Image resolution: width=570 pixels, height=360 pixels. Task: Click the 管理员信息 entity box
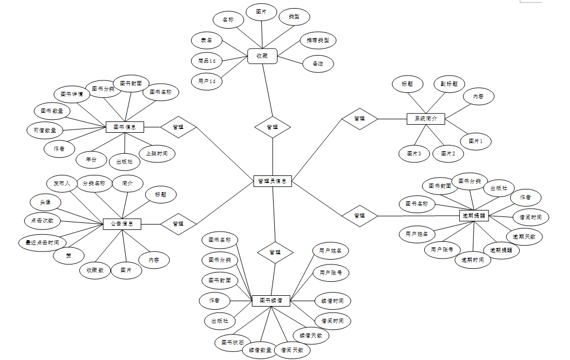(273, 181)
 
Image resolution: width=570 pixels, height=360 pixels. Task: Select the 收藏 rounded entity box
(262, 56)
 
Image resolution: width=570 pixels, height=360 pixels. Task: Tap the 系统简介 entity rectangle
(425, 118)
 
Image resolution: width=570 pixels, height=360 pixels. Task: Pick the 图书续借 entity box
(271, 301)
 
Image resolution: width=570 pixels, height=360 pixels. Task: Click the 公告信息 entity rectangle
(122, 223)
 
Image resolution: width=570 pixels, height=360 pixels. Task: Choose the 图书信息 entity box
(125, 127)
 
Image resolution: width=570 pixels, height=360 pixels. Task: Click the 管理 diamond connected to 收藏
(273, 127)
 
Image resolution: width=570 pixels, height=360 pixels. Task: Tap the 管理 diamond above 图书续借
(275, 252)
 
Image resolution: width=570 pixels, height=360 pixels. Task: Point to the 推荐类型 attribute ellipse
(317, 40)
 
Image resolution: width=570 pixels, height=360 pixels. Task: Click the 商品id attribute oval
(207, 61)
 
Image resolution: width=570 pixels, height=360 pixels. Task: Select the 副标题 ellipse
(449, 84)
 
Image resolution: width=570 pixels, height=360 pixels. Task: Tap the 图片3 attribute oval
(414, 154)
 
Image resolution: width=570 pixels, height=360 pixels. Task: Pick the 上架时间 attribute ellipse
(157, 153)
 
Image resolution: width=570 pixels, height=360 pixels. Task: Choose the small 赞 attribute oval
(69, 255)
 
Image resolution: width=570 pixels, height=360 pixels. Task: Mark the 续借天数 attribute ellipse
(310, 335)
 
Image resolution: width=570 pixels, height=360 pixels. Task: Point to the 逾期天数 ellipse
(524, 237)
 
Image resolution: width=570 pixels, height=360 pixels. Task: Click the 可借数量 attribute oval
(45, 130)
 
